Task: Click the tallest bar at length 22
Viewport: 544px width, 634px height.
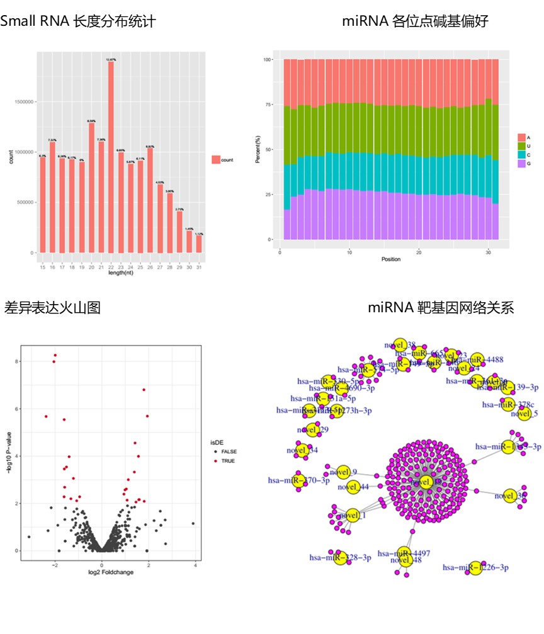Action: pyautogui.click(x=111, y=157)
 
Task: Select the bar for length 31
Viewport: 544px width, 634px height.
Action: pyautogui.click(x=199, y=244)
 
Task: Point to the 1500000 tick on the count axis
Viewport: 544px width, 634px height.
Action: pyautogui.click(x=24, y=102)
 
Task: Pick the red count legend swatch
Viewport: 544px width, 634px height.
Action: pyautogui.click(x=215, y=160)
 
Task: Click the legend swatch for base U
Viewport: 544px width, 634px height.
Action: pyautogui.click(x=521, y=145)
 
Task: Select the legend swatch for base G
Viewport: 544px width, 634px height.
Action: pyautogui.click(x=521, y=164)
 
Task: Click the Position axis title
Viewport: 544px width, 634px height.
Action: pyautogui.click(x=390, y=259)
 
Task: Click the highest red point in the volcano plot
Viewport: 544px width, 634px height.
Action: pyautogui.click(x=55, y=355)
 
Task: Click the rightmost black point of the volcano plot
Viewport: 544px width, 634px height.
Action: pyautogui.click(x=193, y=523)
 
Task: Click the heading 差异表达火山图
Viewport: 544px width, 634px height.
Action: pyautogui.click(x=52, y=308)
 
